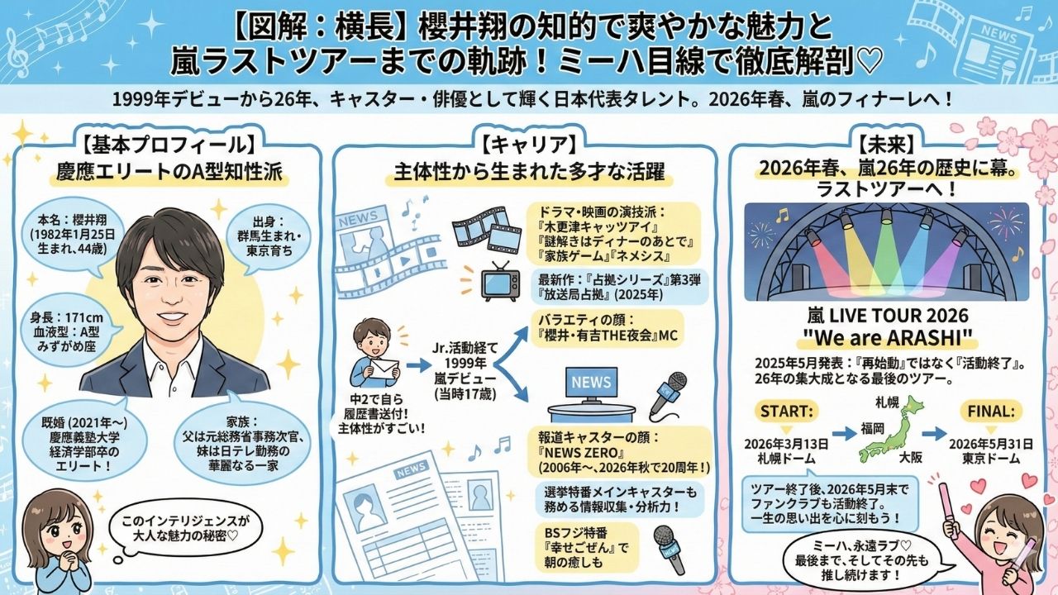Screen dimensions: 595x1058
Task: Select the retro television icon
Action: pos(501,281)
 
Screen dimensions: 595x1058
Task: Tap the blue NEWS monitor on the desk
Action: pos(591,383)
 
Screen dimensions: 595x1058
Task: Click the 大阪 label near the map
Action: pos(911,455)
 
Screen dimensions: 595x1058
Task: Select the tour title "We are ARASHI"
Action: pos(886,339)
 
